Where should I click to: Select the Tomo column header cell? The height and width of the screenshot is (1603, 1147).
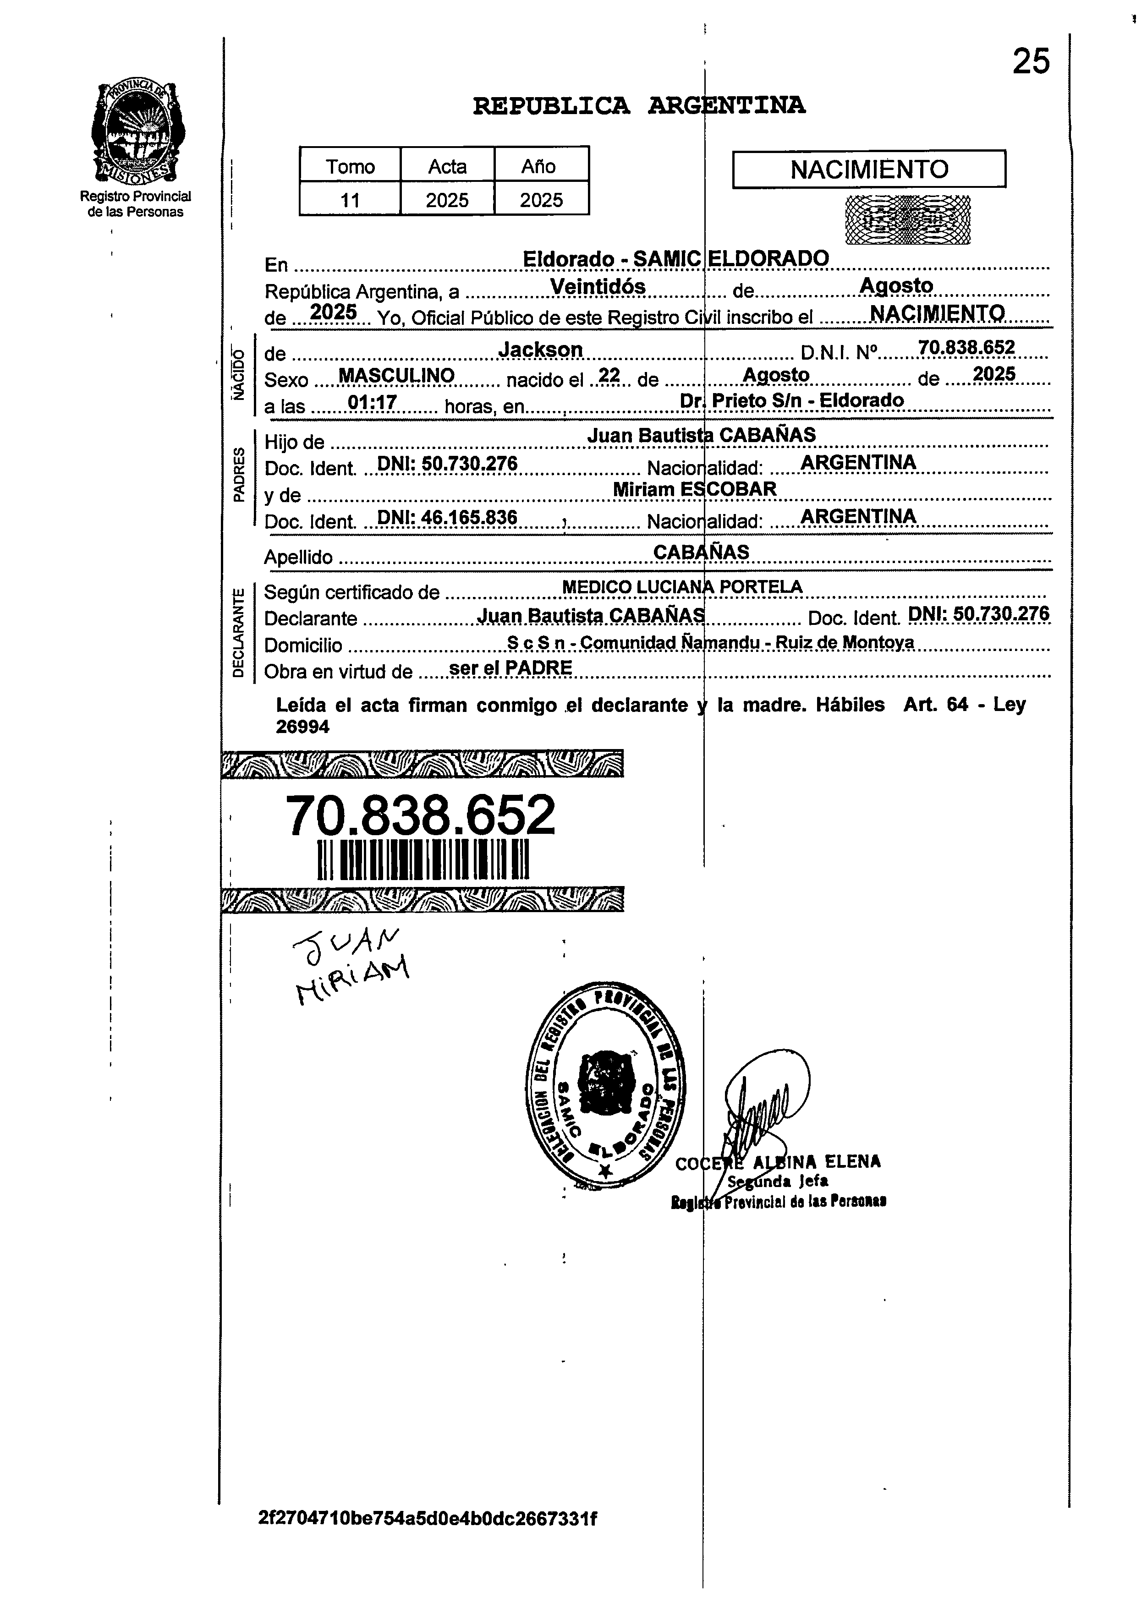[350, 166]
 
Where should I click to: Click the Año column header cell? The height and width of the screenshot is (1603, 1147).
[541, 166]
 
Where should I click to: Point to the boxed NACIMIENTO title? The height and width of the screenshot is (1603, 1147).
[869, 170]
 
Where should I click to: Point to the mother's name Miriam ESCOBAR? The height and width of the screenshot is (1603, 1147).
[694, 489]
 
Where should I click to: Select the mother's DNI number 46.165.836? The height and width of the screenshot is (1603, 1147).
[447, 518]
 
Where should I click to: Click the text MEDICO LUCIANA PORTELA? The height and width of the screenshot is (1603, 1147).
[682, 587]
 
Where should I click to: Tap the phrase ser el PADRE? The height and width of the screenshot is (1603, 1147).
[510, 667]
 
